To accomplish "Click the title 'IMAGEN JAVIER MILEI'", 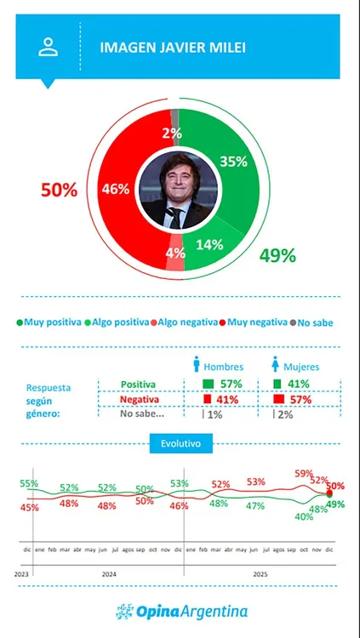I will [x=162, y=48].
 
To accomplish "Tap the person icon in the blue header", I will [x=48, y=47].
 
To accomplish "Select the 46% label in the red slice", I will [x=116, y=190].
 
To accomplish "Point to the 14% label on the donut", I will [x=209, y=244].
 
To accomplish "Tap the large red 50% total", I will [x=59, y=191].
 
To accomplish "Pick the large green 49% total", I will [x=277, y=255].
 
